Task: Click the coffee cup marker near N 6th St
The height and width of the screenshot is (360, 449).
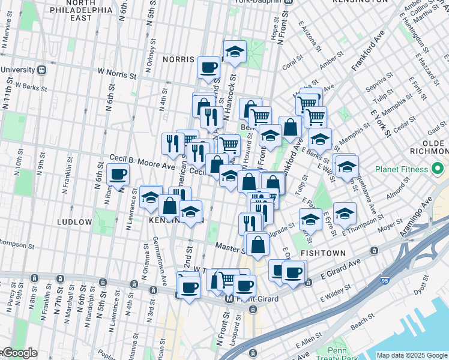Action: pos(118,175)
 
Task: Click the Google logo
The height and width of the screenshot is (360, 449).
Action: pos(19,353)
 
